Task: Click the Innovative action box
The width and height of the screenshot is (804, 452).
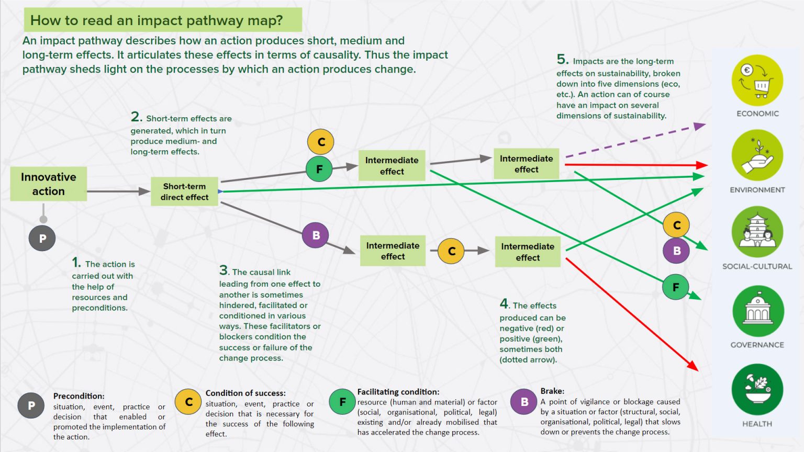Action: [49, 184]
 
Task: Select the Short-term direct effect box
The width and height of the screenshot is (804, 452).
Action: [184, 191]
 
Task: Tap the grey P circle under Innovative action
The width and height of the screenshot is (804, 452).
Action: [42, 239]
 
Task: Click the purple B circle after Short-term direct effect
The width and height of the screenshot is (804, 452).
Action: [316, 235]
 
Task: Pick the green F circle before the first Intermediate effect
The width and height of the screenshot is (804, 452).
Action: [319, 169]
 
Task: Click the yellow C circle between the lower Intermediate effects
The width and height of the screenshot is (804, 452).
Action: [452, 251]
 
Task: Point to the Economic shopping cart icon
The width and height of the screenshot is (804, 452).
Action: [757, 80]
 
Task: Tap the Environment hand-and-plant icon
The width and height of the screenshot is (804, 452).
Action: [757, 155]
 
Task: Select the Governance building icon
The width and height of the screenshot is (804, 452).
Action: [758, 311]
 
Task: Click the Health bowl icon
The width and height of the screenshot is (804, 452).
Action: [757, 389]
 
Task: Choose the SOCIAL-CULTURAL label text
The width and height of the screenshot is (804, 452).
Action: [757, 266]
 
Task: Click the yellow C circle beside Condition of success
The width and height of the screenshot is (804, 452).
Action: [188, 402]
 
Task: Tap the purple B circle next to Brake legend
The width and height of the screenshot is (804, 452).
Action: [524, 402]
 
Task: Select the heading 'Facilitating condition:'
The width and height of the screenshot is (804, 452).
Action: [398, 392]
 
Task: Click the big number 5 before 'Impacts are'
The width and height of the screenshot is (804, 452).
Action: [562, 60]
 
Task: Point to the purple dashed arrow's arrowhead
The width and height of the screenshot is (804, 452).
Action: [699, 126]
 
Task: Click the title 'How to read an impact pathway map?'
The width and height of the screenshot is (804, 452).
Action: [157, 20]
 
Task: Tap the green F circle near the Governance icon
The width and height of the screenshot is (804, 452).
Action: [675, 287]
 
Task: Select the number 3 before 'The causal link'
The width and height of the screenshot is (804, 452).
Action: [224, 270]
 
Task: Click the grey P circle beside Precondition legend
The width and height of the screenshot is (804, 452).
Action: [31, 405]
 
